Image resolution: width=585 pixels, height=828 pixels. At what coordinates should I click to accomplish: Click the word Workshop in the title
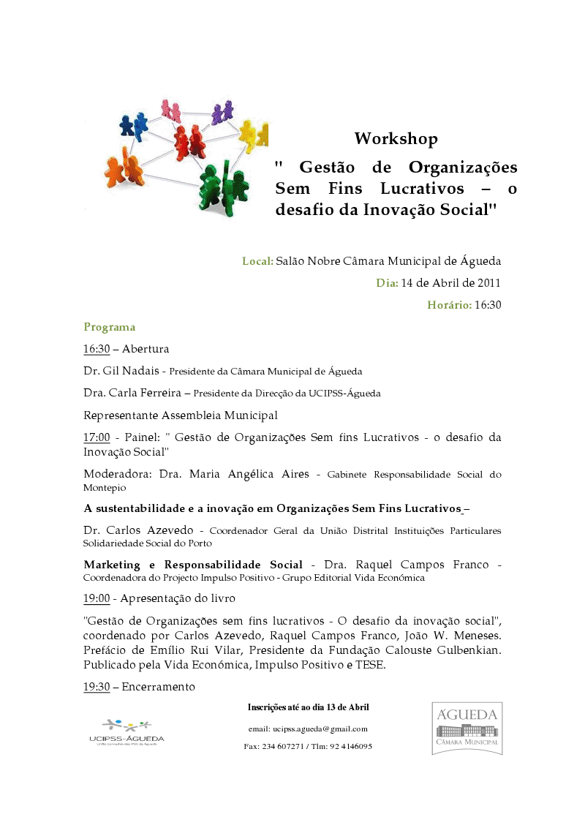point(396,138)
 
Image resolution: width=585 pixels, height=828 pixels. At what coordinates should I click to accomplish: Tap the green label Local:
point(258,261)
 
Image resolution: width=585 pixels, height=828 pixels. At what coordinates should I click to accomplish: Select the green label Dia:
point(387,283)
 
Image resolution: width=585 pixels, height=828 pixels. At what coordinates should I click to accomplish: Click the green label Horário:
point(449,305)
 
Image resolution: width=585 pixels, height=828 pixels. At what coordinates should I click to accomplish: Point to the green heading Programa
point(109,327)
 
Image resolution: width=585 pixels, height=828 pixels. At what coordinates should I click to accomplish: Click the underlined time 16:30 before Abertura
point(96,349)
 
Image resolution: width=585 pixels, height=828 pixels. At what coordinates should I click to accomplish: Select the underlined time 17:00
point(97,437)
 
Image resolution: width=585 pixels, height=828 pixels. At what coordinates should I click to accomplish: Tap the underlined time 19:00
point(97,598)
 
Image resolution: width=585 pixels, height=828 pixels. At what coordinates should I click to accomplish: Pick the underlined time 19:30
point(97,687)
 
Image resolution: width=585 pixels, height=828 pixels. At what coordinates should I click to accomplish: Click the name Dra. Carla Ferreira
point(132,393)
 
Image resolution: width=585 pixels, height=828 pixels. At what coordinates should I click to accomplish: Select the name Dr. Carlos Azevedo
point(138,530)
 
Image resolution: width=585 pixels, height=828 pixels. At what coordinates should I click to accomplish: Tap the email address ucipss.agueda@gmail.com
point(320,729)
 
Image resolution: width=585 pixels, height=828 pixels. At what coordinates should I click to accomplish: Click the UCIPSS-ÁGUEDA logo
point(127,731)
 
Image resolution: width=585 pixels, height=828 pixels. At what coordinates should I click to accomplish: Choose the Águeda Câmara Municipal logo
point(467,728)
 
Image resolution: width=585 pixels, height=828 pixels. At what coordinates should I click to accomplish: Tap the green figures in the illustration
point(221,187)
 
